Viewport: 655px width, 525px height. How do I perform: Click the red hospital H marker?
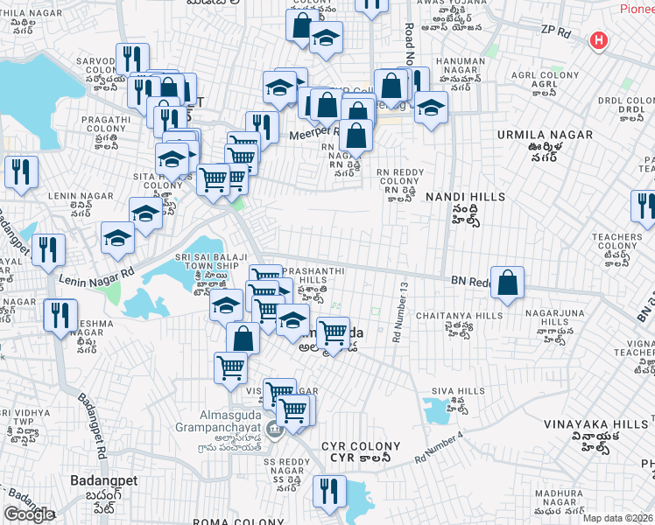click(599, 40)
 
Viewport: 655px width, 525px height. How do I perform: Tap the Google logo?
click(29, 514)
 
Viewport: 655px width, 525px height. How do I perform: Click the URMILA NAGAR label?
click(544, 135)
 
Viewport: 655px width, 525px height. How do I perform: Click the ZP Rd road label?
click(555, 31)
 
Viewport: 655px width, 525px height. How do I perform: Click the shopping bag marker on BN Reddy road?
click(507, 283)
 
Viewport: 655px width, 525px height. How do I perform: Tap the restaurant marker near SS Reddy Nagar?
click(329, 492)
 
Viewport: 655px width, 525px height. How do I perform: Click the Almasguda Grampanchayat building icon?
click(272, 428)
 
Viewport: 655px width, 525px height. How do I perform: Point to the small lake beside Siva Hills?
click(434, 409)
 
